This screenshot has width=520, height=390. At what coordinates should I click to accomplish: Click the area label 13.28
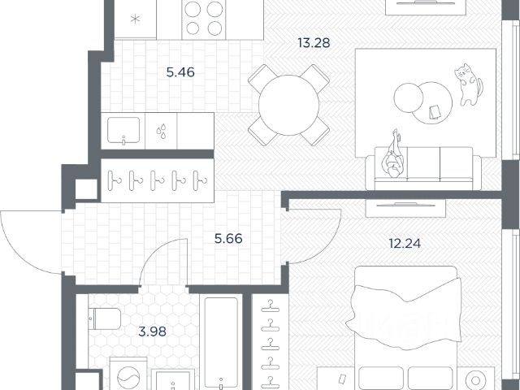pyautogui.click(x=314, y=43)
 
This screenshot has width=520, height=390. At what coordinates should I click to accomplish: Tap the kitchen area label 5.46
pyautogui.click(x=180, y=72)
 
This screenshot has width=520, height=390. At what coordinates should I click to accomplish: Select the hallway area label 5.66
pyautogui.click(x=228, y=238)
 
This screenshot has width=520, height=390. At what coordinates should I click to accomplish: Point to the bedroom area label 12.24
pyautogui.click(x=405, y=244)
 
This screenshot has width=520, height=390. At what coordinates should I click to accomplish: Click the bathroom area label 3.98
pyautogui.click(x=152, y=331)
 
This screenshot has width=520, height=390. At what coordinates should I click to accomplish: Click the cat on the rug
pyautogui.click(x=468, y=84)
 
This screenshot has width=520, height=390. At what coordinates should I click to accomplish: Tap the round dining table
pyautogui.click(x=288, y=105)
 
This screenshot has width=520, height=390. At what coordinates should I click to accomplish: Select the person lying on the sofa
pyautogui.click(x=393, y=154)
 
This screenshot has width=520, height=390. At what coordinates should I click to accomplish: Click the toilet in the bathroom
pyautogui.click(x=105, y=319)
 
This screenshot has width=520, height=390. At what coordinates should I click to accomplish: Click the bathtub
pyautogui.click(x=221, y=343)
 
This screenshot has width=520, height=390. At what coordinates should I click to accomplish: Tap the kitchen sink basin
pyautogui.click(x=123, y=130)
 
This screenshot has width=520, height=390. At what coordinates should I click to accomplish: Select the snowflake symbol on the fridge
pyautogui.click(x=135, y=19)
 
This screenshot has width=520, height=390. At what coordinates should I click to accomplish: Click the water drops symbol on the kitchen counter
pyautogui.click(x=161, y=131)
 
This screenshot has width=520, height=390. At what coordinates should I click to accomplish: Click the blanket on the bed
pyautogui.click(x=404, y=314)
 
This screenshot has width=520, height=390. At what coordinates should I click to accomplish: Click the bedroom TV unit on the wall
pyautogui.click(x=405, y=208)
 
